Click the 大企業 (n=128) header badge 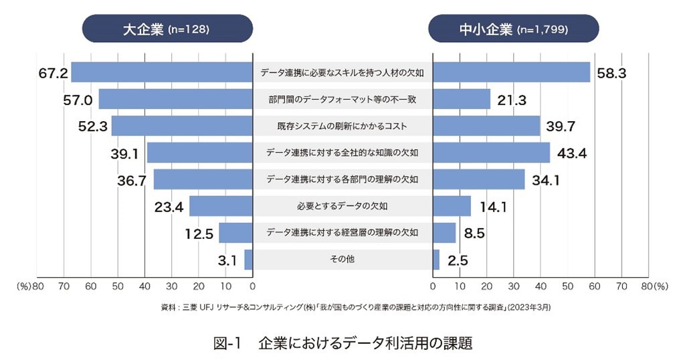[x=167, y=29]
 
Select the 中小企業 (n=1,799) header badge [x=514, y=29]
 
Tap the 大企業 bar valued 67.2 [x=162, y=72]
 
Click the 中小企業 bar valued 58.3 [x=512, y=72]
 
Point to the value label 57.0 [x=78, y=100]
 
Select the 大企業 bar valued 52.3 [x=182, y=126]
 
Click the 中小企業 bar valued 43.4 [x=492, y=153]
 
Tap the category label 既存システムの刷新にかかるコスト [x=342, y=126]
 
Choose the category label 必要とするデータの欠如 [x=342, y=206]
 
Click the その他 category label [x=342, y=260]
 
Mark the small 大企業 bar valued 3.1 [x=248, y=260]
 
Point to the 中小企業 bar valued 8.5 [x=445, y=233]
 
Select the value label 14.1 [x=493, y=207]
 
